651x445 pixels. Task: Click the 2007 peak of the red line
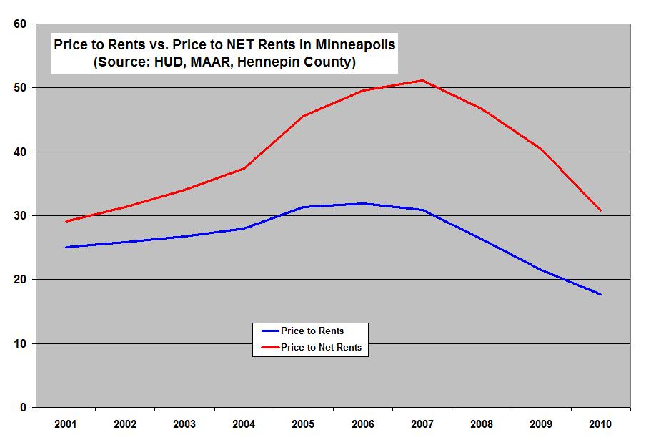point(422,80)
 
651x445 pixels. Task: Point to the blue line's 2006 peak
point(363,203)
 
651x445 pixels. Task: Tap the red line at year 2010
point(600,210)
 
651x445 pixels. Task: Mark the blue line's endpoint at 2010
point(600,294)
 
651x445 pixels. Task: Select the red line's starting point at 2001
point(66,221)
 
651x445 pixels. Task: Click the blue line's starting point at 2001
point(66,247)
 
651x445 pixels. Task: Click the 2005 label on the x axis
point(304,424)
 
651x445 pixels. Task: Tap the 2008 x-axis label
point(482,424)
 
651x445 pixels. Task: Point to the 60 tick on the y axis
point(20,24)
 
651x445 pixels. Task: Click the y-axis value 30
point(20,215)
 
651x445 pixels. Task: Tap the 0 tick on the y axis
point(23,407)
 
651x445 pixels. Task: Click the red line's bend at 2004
point(244,168)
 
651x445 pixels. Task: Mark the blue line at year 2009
point(541,270)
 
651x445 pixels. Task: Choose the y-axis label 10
point(20,343)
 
